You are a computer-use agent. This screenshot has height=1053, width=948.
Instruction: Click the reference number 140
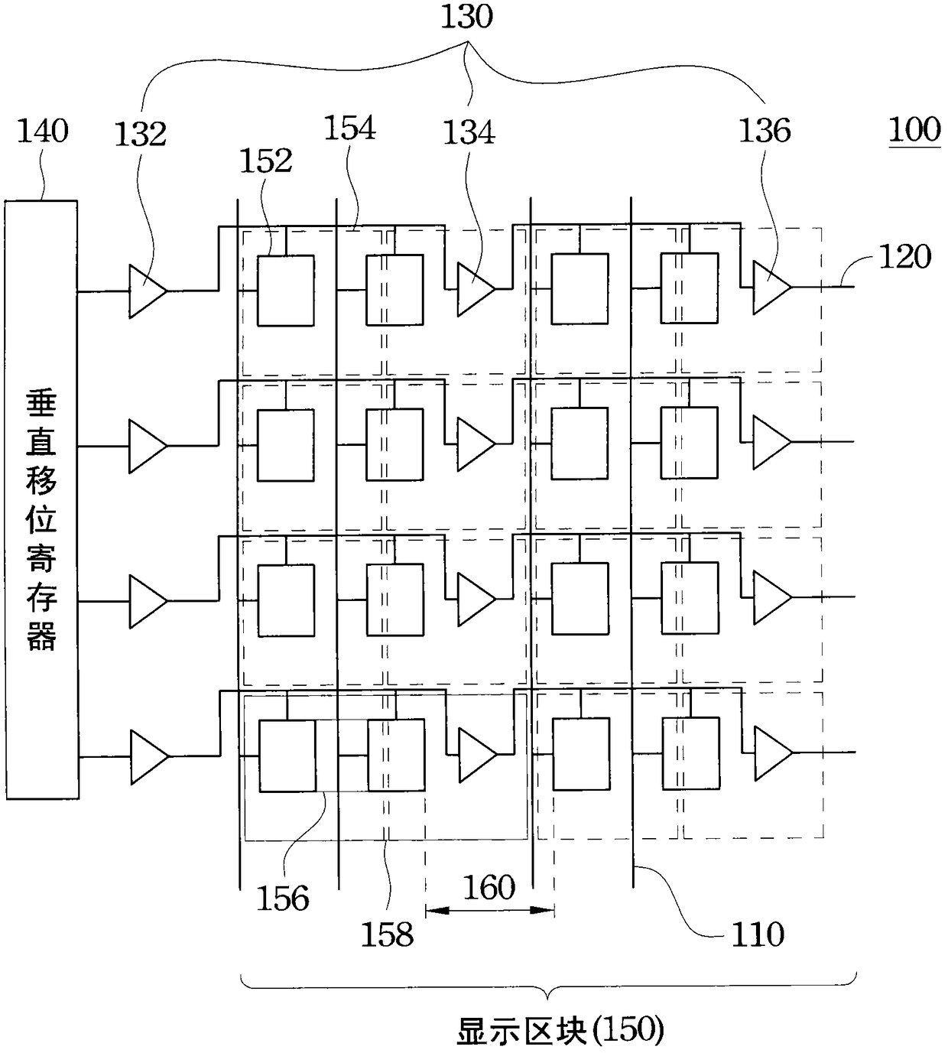(43, 131)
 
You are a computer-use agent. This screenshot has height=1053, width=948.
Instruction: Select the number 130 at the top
(466, 16)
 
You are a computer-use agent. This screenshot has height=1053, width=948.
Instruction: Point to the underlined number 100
(914, 129)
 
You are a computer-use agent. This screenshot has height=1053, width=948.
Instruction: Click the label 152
(265, 160)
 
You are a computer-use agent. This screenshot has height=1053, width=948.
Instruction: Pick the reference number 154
(349, 128)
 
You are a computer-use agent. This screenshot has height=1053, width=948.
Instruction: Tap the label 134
(469, 132)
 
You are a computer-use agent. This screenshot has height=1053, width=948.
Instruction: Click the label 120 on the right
(905, 256)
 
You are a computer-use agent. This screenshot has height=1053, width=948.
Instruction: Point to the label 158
(387, 934)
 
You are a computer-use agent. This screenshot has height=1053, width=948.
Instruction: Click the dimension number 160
(489, 888)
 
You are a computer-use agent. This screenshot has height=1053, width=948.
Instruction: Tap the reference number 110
(758, 934)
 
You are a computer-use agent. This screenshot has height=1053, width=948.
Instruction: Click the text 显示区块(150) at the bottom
(560, 1030)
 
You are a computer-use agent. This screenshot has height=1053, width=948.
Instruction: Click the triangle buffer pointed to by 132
(147, 291)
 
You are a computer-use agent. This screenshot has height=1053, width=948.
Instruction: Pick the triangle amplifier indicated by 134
(476, 289)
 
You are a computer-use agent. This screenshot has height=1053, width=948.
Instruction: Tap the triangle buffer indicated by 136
(771, 288)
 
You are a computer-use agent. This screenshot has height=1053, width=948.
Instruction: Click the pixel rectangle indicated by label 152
(286, 291)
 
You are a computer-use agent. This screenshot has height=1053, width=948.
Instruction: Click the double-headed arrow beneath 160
(490, 910)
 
